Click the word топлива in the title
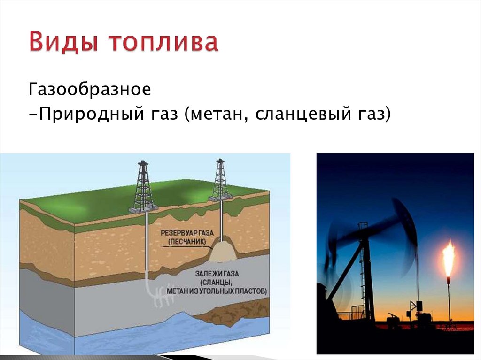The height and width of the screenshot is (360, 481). coord(164,43)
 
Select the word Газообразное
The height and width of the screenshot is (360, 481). coord(90,89)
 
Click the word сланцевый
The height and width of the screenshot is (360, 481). coord(297,114)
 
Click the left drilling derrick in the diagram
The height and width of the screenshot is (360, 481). coord(144,188)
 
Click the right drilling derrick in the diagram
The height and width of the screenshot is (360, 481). coord(220,181)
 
